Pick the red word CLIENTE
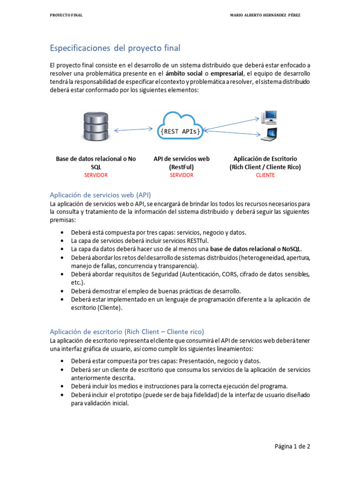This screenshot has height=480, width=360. click(265, 175)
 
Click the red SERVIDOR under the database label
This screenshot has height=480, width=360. click(96, 175)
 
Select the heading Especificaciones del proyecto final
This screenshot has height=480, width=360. click(115, 48)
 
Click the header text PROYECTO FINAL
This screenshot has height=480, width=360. click(66, 15)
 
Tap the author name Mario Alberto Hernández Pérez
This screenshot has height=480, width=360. click(265, 15)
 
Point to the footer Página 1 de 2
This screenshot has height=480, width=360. click(292, 447)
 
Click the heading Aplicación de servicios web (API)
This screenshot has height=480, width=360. click(100, 195)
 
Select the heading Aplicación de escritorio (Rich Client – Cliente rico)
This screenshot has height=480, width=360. click(127, 330)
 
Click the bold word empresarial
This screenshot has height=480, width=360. click(227, 74)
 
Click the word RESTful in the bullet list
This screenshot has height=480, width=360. click(201, 240)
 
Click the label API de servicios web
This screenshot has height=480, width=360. click(181, 159)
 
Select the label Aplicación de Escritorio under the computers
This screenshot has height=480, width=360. click(265, 159)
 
